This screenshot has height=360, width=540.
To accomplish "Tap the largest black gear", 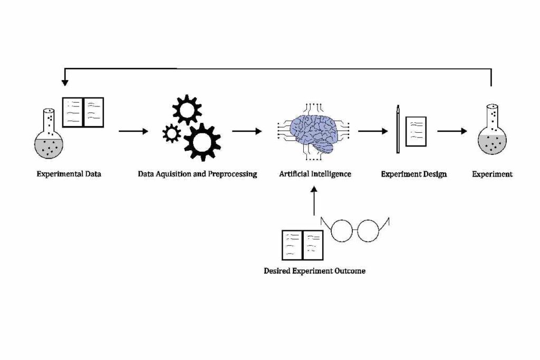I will [x=202, y=141].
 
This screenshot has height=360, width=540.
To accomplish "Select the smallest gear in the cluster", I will [x=172, y=133].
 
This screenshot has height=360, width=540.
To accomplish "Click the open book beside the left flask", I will [x=83, y=112].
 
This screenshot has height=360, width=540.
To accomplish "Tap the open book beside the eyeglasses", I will [x=302, y=245].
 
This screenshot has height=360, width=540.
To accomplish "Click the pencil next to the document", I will [x=398, y=130].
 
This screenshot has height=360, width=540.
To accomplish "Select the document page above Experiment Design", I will [x=416, y=131].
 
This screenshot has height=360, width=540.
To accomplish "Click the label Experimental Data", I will [x=69, y=173].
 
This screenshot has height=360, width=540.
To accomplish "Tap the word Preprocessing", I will [x=233, y=173].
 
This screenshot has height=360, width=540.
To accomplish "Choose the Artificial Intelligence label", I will [x=315, y=173].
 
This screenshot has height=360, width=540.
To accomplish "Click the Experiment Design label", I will [x=413, y=173].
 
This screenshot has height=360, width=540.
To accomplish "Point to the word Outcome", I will [x=348, y=271].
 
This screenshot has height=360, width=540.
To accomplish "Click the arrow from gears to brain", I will [x=247, y=131].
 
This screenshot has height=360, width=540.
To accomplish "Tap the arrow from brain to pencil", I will [x=373, y=131].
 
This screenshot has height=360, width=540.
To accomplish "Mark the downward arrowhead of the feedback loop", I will [x=65, y=82].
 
